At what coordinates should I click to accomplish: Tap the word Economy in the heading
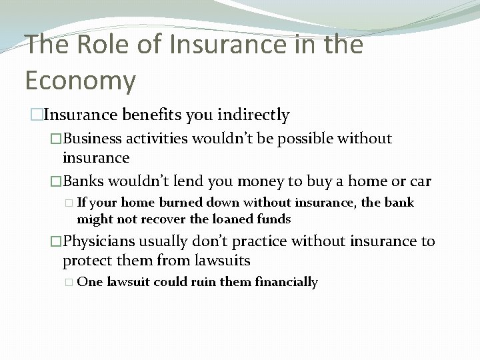coord(80,80)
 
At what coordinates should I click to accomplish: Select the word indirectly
coord(257,115)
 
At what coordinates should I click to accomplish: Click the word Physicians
coord(99,241)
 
